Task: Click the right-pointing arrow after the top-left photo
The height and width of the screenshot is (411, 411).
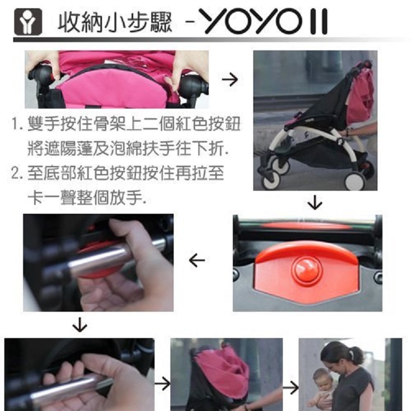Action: click(x=230, y=80)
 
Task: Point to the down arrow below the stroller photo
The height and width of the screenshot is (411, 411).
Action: click(x=315, y=203)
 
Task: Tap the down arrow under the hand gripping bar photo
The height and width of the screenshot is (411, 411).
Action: click(x=79, y=326)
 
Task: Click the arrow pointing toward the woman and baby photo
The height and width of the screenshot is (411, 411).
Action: click(x=290, y=387)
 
